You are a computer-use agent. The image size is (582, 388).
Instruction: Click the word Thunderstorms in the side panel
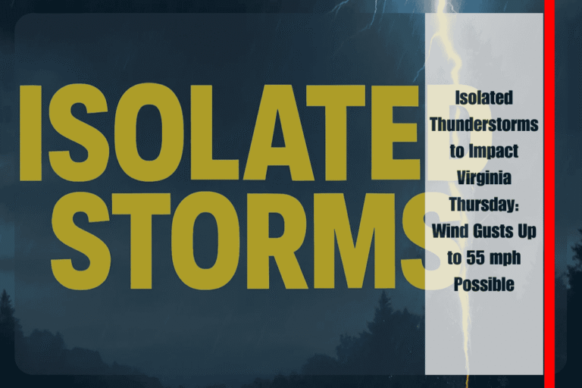[x=483, y=124]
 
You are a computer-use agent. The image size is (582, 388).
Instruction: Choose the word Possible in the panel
[x=483, y=284]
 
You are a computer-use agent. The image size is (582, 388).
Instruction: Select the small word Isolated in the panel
[x=483, y=98]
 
